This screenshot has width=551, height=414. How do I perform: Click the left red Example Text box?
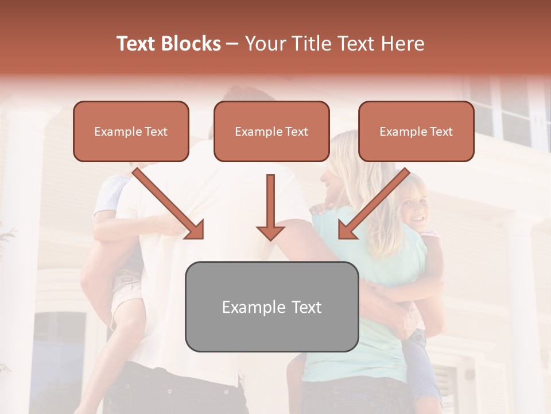click(131, 131)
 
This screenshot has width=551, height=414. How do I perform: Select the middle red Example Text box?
click(271, 131)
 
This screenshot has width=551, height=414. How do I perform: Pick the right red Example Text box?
click(416, 131)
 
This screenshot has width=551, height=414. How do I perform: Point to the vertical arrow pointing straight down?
click(270, 207)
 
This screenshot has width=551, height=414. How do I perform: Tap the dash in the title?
click(232, 44)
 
